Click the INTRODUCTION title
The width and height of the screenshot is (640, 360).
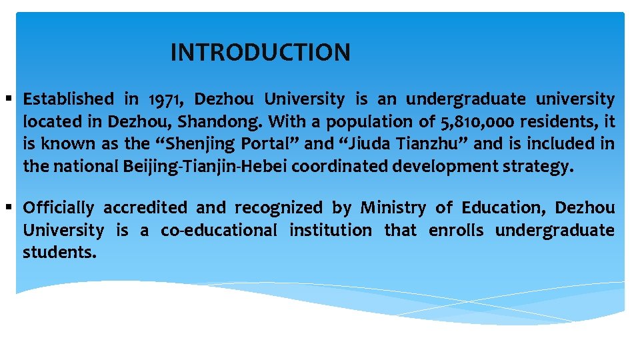pyautogui.click(x=260, y=52)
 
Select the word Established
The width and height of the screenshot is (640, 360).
pyautogui.click(x=68, y=100)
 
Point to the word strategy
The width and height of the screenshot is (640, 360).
pyautogui.click(x=537, y=166)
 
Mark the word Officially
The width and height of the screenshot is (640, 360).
pyautogui.click(x=59, y=208)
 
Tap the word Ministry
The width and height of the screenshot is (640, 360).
pyautogui.click(x=392, y=208)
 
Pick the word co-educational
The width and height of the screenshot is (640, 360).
pyautogui.click(x=218, y=231)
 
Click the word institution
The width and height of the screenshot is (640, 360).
pyautogui.click(x=331, y=231)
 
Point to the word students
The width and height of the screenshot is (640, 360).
pyautogui.click(x=59, y=253)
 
